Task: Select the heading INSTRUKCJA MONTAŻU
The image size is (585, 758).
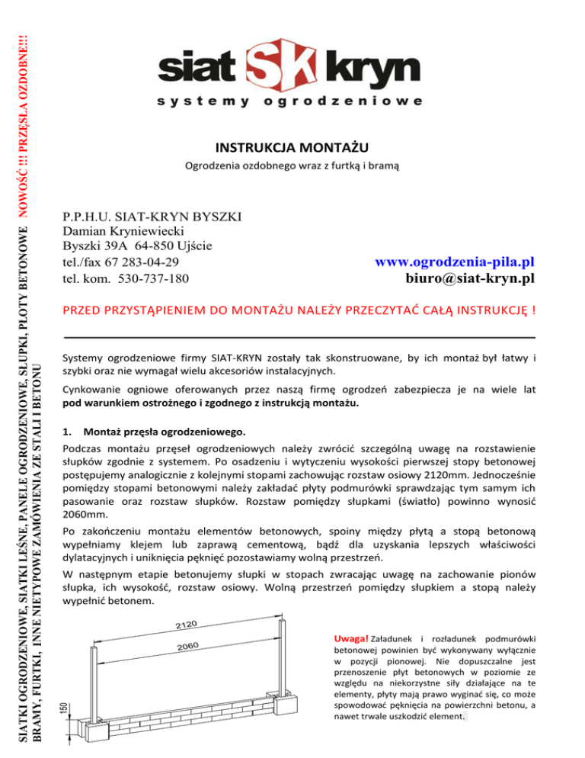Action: click(292, 146)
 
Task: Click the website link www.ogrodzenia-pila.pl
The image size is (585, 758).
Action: click(455, 262)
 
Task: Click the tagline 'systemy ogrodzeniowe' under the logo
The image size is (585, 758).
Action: click(292, 101)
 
